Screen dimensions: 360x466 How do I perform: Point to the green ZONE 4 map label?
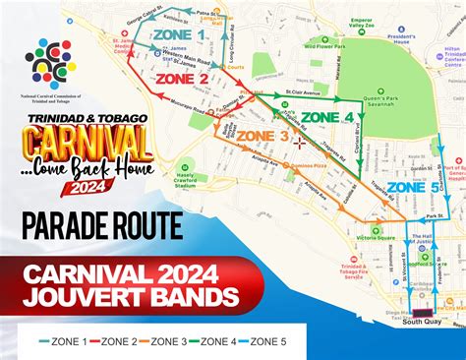[326, 117]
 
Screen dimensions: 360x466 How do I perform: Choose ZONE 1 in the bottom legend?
[65, 341]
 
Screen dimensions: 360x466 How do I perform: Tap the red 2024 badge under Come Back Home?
[90, 187]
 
